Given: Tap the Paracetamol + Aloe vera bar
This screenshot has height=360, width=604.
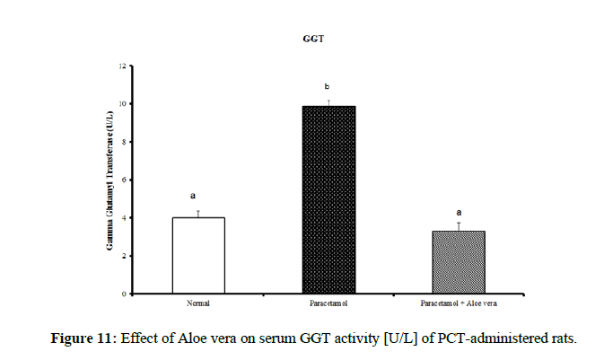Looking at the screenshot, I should [x=459, y=261].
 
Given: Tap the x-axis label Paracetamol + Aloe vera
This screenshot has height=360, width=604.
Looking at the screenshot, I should [x=459, y=303].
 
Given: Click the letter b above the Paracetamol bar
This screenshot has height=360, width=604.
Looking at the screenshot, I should [x=328, y=87].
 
